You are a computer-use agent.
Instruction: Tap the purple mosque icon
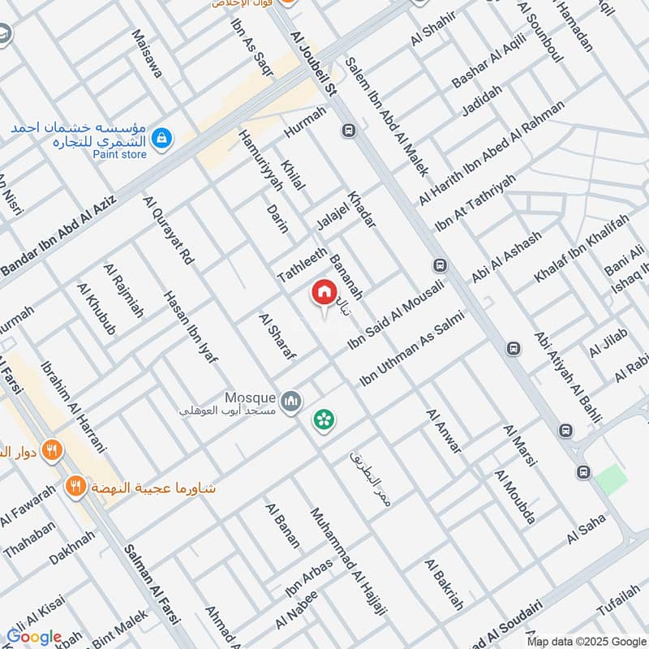click(x=290, y=401)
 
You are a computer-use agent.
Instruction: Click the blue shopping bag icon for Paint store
click(x=163, y=138)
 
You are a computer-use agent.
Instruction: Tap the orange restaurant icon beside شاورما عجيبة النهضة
click(x=76, y=487)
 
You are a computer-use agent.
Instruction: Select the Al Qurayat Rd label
click(x=169, y=231)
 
